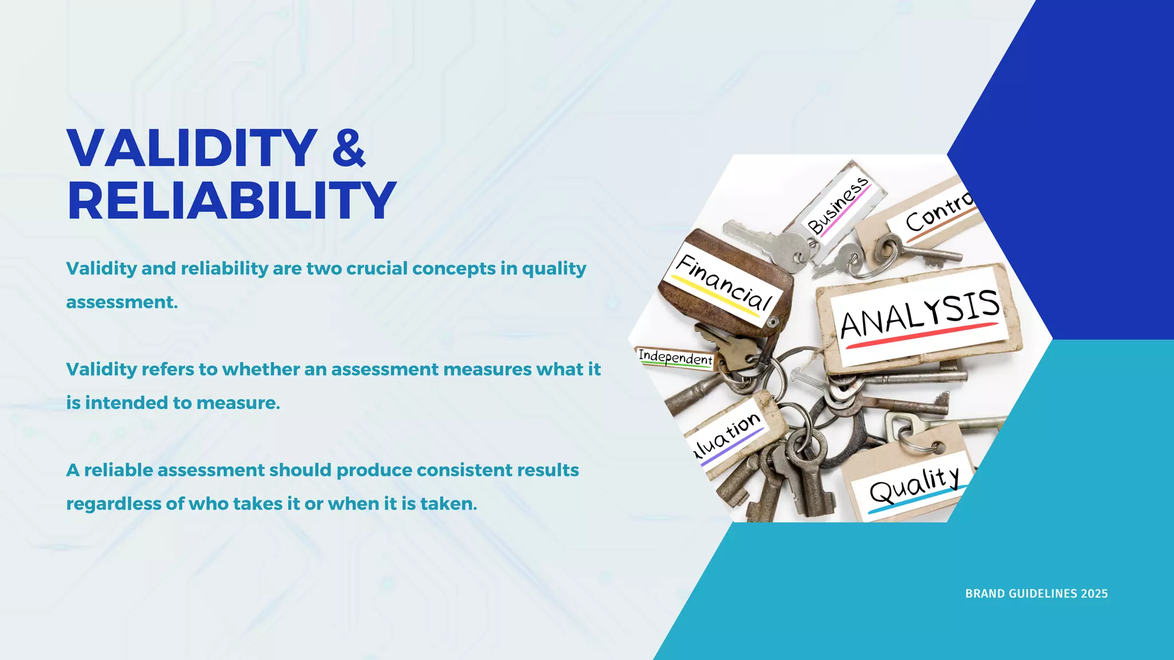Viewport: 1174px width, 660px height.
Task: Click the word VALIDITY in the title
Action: point(192,148)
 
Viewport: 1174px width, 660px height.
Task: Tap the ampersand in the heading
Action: point(349,148)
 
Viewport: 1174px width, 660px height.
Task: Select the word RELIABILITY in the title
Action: point(232,201)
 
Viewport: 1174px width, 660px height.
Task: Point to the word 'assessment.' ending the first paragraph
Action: point(122,302)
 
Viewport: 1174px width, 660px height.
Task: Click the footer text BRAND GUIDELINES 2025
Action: point(1036,594)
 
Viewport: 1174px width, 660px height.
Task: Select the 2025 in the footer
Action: point(1094,594)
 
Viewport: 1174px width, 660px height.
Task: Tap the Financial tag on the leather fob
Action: point(723,282)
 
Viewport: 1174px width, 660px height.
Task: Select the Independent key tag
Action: point(675,358)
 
